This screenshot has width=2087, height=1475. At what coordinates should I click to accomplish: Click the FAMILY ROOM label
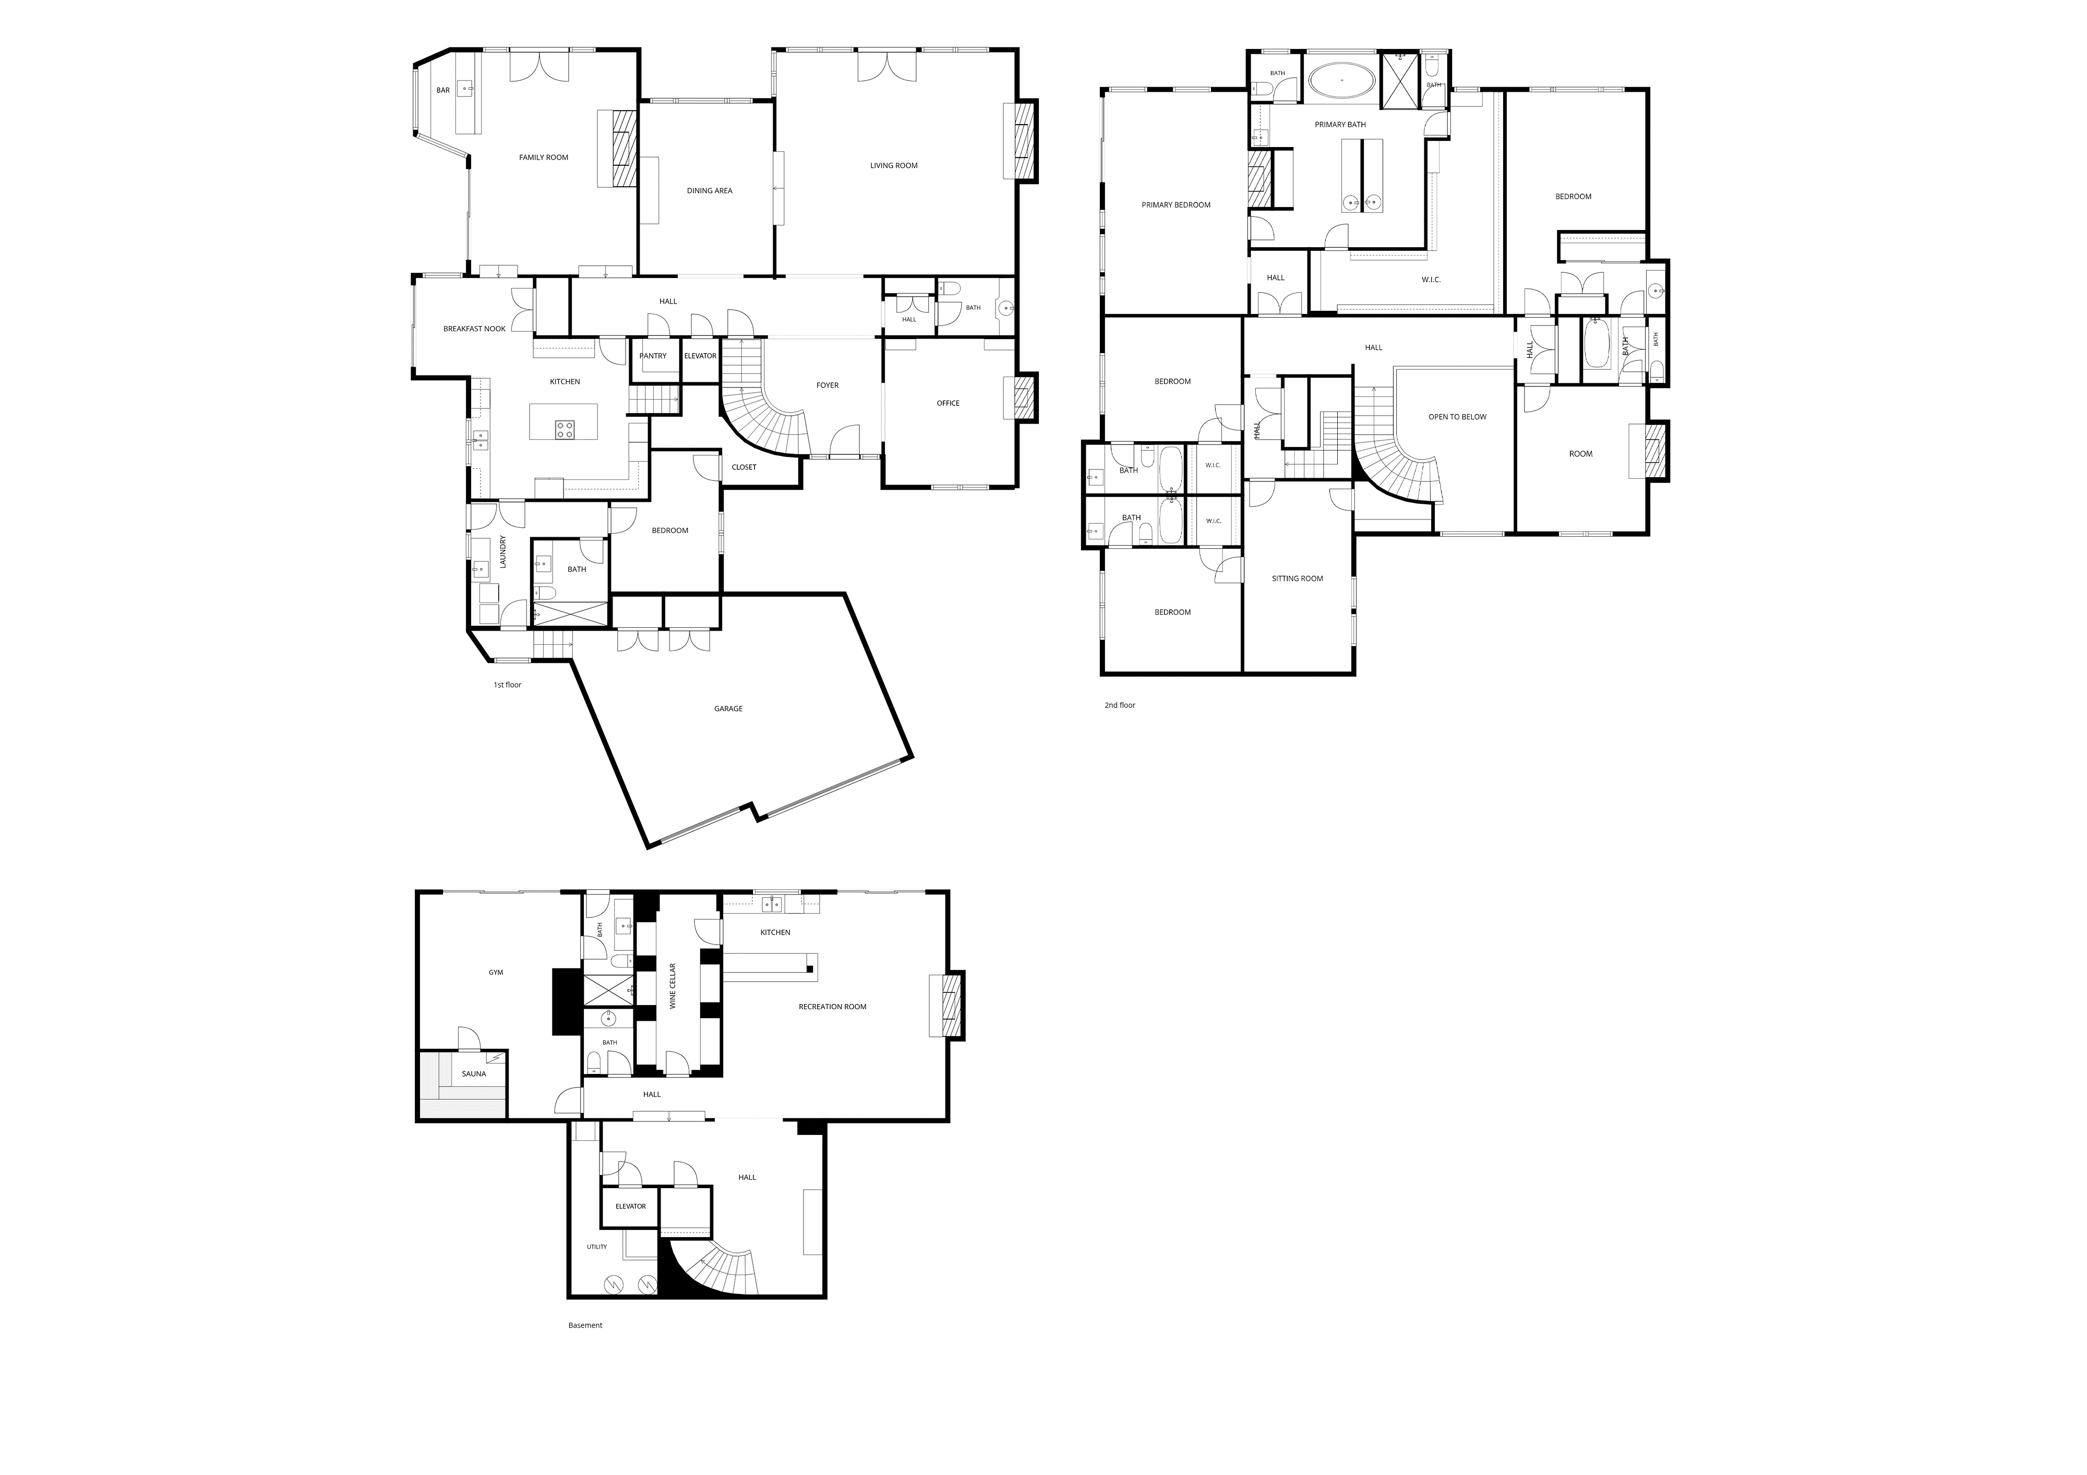pos(544,157)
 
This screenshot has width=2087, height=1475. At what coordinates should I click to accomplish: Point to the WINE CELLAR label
pos(673,986)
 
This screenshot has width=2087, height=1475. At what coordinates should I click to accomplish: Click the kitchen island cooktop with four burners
pos(565,429)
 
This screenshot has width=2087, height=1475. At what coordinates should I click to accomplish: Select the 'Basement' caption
pos(585,1325)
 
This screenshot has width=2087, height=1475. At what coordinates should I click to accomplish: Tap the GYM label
pos(495,972)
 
